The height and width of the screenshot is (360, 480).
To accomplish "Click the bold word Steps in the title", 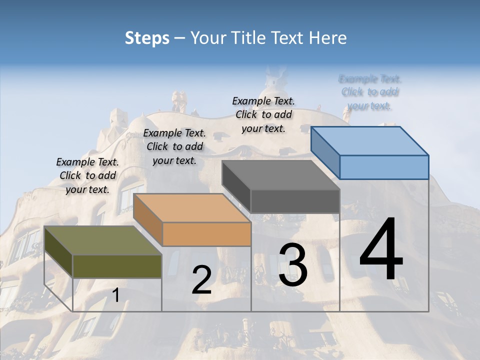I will tap(147, 38).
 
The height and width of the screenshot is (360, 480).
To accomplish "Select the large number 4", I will tap(381, 250).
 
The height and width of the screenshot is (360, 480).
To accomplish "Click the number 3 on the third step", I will tap(293, 265).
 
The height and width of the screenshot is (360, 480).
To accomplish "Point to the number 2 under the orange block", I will tap(201, 280).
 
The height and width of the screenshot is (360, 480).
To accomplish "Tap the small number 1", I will tap(116, 295).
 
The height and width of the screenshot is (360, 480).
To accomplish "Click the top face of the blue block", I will tap(370, 141).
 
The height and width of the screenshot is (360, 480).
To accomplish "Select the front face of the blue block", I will tap(384, 167).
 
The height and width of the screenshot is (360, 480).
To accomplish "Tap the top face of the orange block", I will tap(192, 208).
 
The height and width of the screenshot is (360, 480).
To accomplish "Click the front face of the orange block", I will tap(206, 234).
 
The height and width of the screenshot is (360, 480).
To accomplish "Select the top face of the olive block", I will tap(103, 240).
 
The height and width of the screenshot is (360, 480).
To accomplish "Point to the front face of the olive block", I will tap(117, 266).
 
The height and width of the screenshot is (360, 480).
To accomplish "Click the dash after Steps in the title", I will tap(179, 38).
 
